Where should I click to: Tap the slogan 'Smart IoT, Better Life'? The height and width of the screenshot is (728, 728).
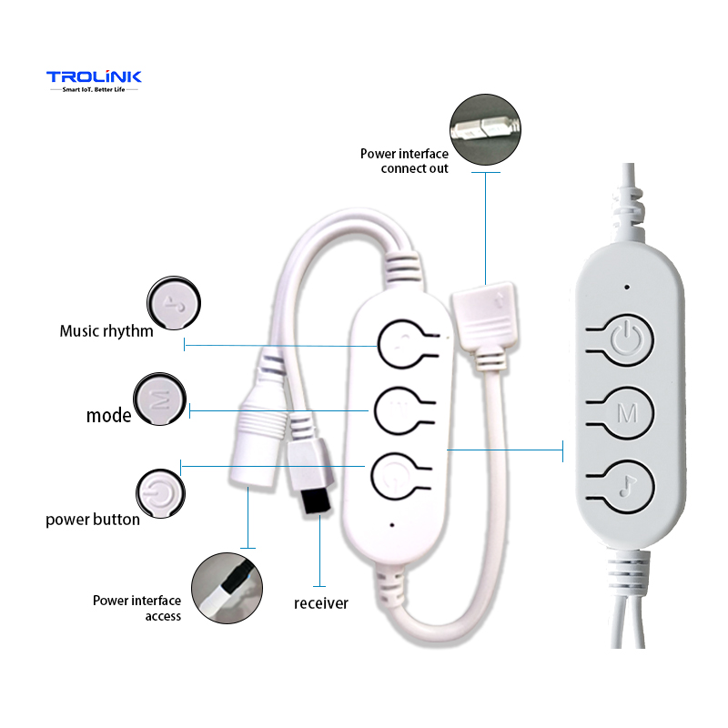coord(94,91)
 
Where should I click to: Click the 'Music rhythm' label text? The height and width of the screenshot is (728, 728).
coord(106,330)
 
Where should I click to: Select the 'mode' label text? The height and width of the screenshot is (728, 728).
coord(108,416)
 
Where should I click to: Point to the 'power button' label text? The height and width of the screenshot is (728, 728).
coord(93,520)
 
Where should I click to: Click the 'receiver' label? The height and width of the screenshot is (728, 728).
coord(320,602)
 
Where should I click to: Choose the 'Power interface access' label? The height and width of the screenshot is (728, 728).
coord(136,608)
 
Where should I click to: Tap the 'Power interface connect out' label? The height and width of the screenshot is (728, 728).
coord(404,161)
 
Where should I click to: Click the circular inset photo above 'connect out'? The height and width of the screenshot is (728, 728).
coord(486,129)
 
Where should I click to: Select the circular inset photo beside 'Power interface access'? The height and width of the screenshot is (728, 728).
coord(227,588)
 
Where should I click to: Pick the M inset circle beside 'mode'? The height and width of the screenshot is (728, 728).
coord(160,398)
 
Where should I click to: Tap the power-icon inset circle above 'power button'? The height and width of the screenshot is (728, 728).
coord(160,492)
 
